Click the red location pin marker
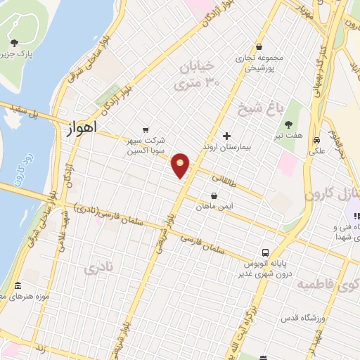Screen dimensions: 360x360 pos(181,165)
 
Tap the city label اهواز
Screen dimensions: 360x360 pos(81,129)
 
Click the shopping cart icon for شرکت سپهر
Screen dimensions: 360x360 pos(146,129)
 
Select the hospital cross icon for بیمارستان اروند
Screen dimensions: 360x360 pos(226,136)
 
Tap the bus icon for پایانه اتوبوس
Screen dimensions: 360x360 pos(265,252)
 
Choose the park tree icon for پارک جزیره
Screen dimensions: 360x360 pos(15,44)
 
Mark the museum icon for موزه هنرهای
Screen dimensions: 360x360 pos(18,287)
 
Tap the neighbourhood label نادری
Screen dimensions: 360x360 pos(98,268)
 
